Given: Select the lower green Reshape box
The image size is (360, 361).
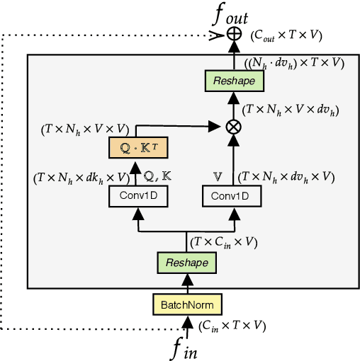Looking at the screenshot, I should (187, 263).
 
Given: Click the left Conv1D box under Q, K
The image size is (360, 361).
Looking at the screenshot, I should (138, 197).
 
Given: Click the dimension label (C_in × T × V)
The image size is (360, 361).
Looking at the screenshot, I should (232, 326).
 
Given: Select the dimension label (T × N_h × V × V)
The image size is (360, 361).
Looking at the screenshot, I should (83, 129).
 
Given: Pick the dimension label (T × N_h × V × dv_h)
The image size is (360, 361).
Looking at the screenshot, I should (290, 110).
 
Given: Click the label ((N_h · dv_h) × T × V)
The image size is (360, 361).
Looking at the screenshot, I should (294, 62).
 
